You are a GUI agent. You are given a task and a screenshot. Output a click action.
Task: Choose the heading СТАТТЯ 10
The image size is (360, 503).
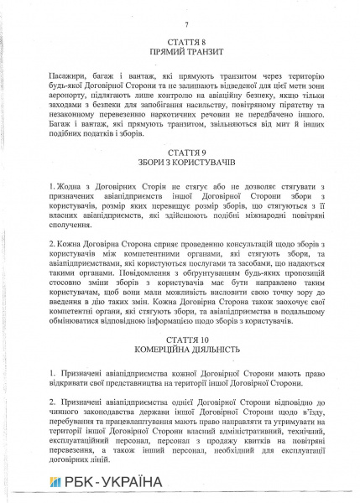[x=180, y=360]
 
